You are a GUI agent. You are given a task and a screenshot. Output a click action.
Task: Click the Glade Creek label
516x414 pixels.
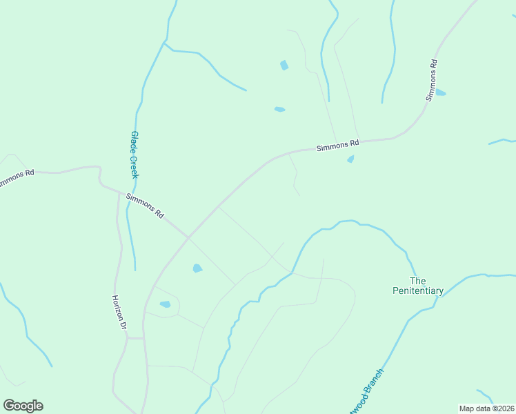(135, 155)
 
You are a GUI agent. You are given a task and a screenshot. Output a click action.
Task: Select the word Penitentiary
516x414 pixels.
(417, 291)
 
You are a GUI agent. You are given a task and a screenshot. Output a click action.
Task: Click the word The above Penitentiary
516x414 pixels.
(418, 281)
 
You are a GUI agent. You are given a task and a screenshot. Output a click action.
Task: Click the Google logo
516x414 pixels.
(23, 406)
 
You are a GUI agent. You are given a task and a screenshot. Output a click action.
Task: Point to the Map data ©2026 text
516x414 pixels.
(486, 408)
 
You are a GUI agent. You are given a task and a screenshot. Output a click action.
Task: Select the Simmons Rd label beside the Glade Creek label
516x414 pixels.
(145, 205)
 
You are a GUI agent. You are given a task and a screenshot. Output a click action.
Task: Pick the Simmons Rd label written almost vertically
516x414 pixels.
(432, 81)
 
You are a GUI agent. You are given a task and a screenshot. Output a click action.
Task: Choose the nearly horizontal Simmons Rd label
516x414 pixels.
(338, 145)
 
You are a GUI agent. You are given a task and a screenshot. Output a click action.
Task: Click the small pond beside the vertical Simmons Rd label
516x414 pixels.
(440, 92)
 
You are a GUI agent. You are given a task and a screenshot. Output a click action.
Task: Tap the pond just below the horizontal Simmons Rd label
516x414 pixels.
(350, 159)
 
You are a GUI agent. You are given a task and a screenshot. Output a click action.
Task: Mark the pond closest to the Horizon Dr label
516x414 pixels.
(165, 304)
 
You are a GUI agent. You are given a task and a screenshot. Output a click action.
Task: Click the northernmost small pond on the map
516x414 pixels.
(284, 66)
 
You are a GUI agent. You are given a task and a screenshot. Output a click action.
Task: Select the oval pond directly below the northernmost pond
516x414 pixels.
(279, 109)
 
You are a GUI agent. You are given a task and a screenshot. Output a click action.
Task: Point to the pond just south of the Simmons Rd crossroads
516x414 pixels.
(197, 268)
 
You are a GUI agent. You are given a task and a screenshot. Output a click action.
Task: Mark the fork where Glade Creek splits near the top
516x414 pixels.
(164, 43)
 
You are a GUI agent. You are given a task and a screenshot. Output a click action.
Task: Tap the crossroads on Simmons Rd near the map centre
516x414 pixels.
(188, 238)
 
